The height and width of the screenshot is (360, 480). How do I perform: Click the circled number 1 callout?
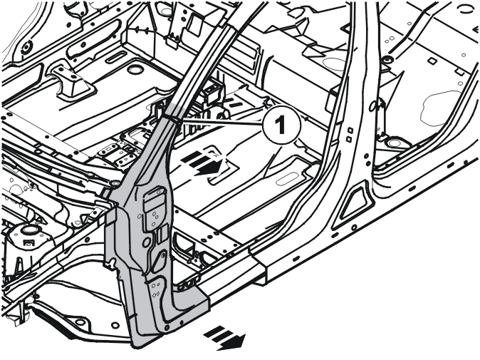coord(281,125)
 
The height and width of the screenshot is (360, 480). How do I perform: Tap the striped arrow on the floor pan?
coord(202,165)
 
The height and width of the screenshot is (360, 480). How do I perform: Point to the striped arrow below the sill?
coord(225,338)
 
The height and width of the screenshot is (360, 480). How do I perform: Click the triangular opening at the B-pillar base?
coord(355,203)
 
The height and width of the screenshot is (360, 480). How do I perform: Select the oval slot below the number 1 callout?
coord(287,178)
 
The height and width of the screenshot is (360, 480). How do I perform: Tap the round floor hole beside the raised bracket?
coord(134,70)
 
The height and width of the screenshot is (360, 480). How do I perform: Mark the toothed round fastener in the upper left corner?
coord(26,46)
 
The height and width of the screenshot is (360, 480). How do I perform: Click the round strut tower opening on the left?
coord(29,230)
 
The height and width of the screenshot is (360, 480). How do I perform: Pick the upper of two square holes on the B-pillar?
coord(350,131)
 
